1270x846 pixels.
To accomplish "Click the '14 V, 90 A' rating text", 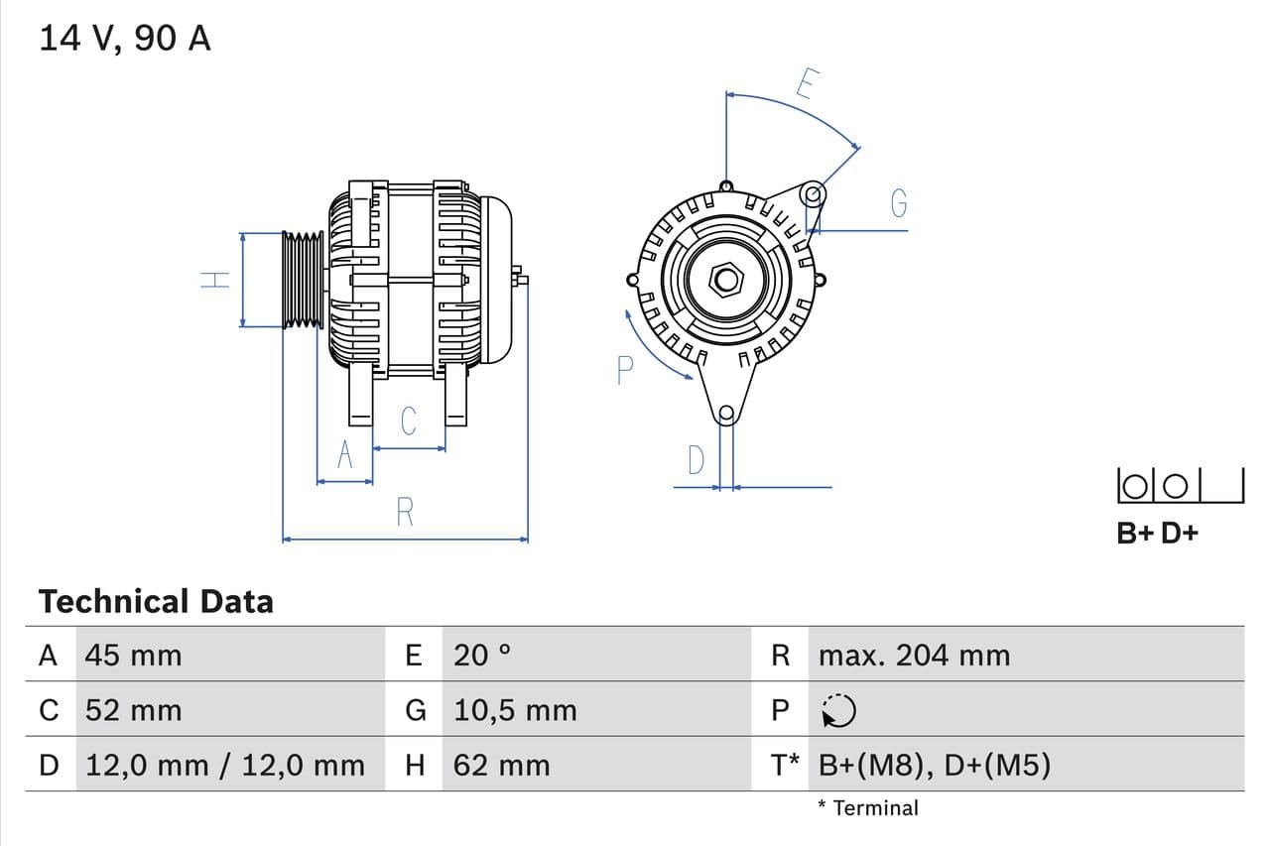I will [x=124, y=39].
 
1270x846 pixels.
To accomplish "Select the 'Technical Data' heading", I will [x=156, y=602].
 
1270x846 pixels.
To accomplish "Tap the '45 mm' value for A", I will [x=134, y=656].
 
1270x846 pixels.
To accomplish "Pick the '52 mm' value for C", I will [x=134, y=710].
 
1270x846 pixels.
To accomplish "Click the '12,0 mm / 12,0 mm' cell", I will [x=225, y=765].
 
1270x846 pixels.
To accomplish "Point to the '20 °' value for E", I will [x=482, y=656].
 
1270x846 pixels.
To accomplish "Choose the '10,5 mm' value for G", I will [x=515, y=710].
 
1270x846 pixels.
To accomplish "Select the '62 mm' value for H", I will [x=501, y=765].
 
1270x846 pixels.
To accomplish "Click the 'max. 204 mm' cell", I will [x=914, y=656].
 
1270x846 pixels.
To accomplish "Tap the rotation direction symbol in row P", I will [x=839, y=710].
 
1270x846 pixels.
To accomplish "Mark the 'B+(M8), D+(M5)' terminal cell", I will [x=935, y=765].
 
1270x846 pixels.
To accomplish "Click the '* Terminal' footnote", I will [x=868, y=808].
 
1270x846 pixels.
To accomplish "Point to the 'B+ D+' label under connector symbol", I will [x=1157, y=533].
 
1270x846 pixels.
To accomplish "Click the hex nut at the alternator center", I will [x=726, y=280].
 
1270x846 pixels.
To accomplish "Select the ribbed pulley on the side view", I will [x=303, y=280].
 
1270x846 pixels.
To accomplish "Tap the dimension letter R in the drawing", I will [x=405, y=513].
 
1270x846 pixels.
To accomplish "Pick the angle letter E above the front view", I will [x=806, y=85].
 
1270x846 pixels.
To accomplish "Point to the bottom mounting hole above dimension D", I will [x=726, y=414].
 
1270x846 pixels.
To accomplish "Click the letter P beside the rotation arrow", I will [x=624, y=370].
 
